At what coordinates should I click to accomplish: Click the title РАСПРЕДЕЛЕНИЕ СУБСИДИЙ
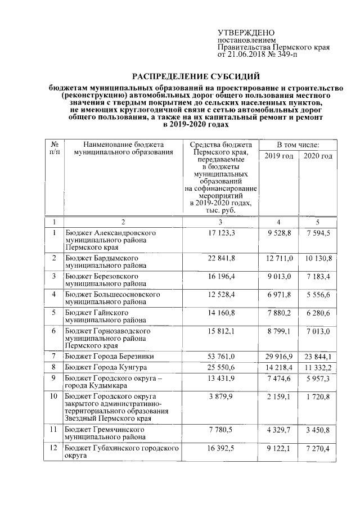click(x=196, y=76)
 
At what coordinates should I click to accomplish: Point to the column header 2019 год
click(x=279, y=156)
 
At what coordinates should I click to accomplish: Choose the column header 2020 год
click(x=318, y=156)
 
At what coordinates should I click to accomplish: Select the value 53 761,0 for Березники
click(x=220, y=356)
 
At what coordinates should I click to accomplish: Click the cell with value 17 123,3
click(x=220, y=232)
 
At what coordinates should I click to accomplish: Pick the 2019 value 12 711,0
click(x=279, y=258)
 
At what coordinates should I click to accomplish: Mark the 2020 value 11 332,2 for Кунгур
click(x=318, y=366)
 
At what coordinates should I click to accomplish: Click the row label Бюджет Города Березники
click(x=109, y=356)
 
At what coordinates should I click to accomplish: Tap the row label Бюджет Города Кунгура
click(x=105, y=366)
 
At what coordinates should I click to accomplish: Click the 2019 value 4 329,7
click(x=279, y=430)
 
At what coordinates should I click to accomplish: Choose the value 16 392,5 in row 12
click(x=220, y=449)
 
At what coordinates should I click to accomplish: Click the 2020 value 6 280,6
click(x=318, y=312)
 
